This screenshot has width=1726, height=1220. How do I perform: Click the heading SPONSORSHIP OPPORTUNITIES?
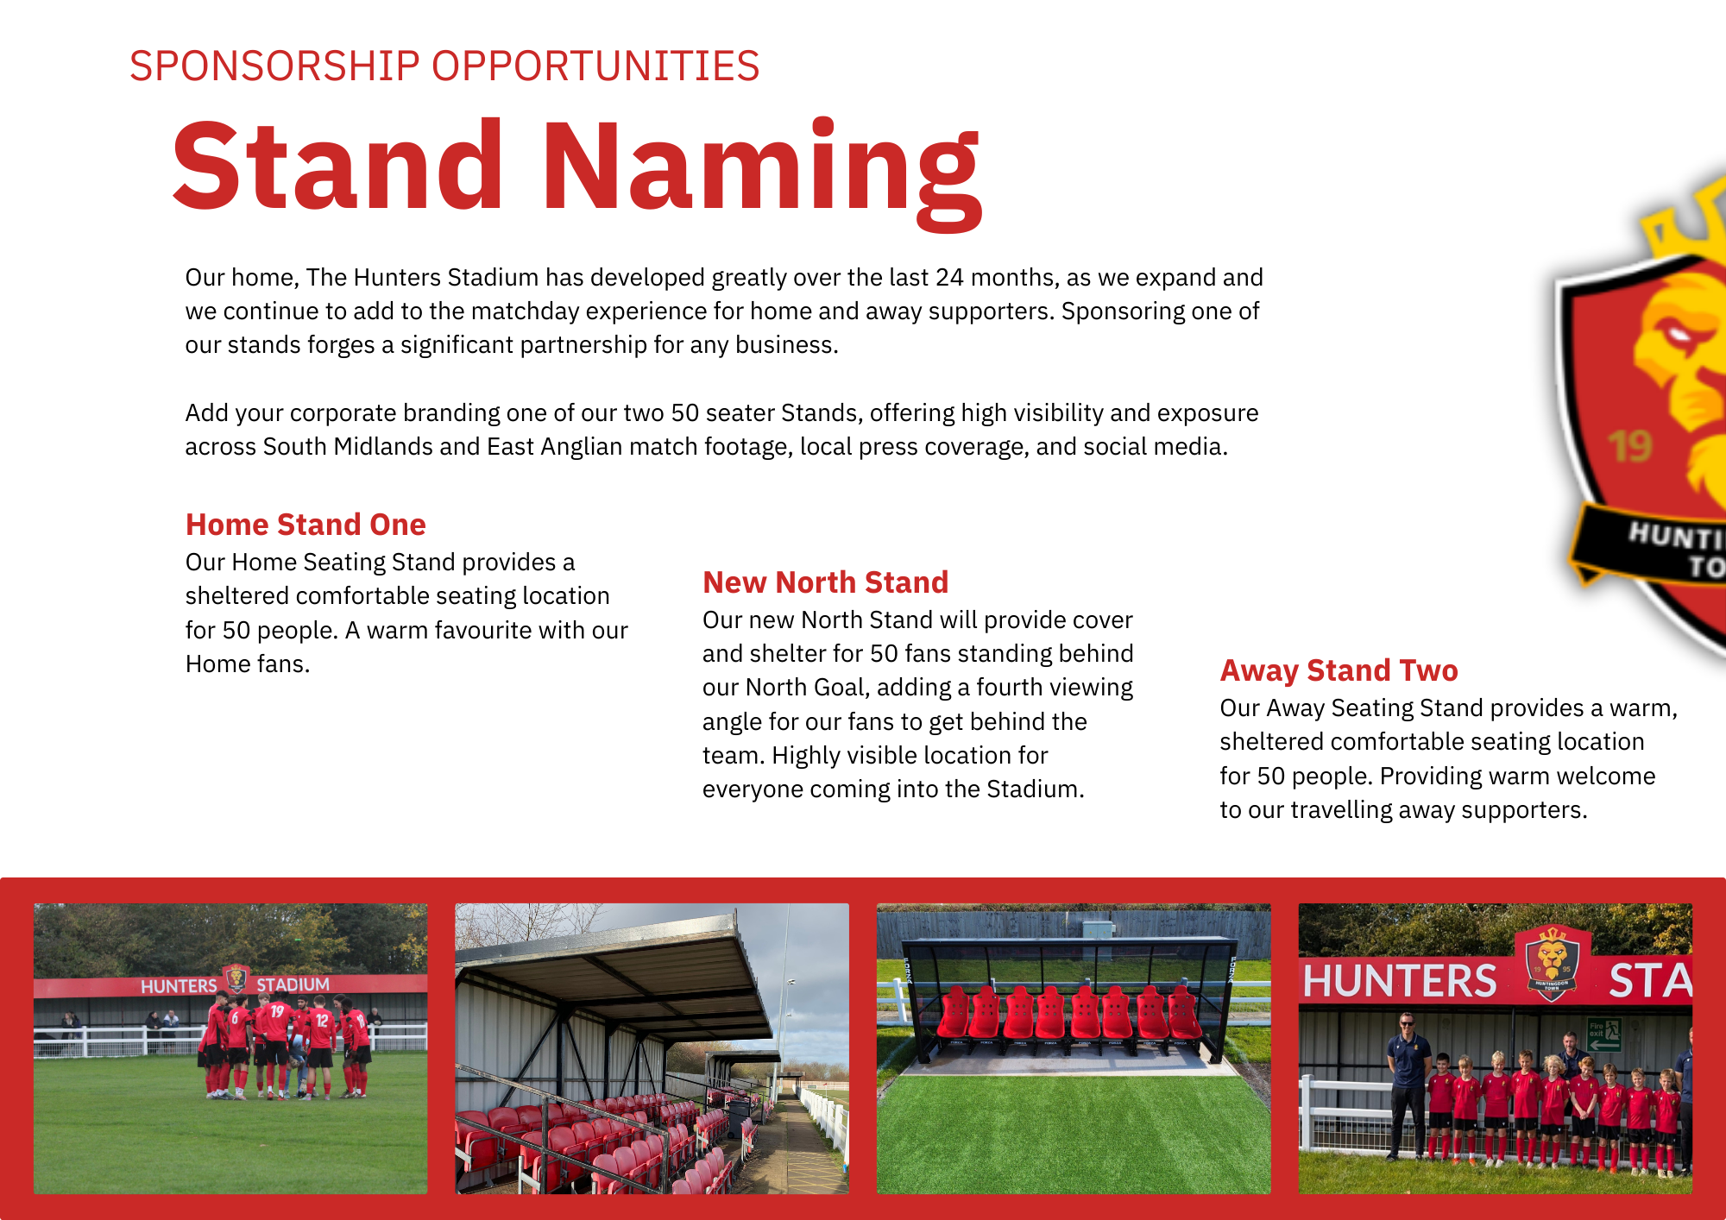[444, 66]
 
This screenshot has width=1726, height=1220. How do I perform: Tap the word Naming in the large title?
[762, 173]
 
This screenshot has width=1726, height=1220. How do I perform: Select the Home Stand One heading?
[306, 525]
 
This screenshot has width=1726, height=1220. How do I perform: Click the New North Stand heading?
[825, 582]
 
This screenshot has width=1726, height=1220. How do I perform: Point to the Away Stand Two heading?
[1339, 670]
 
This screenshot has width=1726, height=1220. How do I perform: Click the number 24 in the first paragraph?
[949, 277]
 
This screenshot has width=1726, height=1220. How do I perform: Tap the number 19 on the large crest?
[1630, 446]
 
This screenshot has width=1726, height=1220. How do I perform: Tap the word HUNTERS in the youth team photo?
[1400, 981]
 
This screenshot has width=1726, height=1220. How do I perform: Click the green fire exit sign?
[1604, 1034]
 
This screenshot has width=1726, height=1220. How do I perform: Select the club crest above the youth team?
[1553, 963]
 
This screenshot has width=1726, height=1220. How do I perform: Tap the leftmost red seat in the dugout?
[953, 1013]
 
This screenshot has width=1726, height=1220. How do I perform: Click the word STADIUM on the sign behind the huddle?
[293, 984]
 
